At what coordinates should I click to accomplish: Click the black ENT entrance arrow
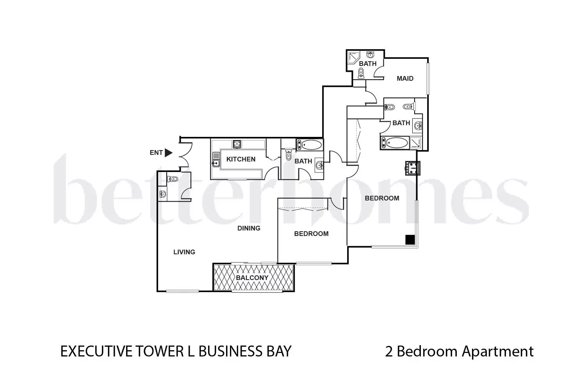point(168,152)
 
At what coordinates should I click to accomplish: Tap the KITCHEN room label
point(240,159)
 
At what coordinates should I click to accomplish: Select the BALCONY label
point(252,278)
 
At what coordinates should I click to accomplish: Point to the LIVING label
point(184,252)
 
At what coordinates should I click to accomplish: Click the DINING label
point(249,228)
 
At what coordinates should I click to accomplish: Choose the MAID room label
point(405,78)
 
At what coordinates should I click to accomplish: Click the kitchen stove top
point(237,144)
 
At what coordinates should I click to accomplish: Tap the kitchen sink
point(216,160)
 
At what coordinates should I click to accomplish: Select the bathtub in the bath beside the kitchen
point(310,145)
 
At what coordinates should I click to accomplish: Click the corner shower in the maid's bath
point(353,58)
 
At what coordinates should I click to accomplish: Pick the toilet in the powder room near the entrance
point(173,179)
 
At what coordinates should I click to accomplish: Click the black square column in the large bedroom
point(410,240)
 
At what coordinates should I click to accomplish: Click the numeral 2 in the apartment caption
point(389,351)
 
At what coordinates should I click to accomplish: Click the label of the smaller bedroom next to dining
point(311,234)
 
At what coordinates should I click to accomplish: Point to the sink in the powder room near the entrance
point(163,194)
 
